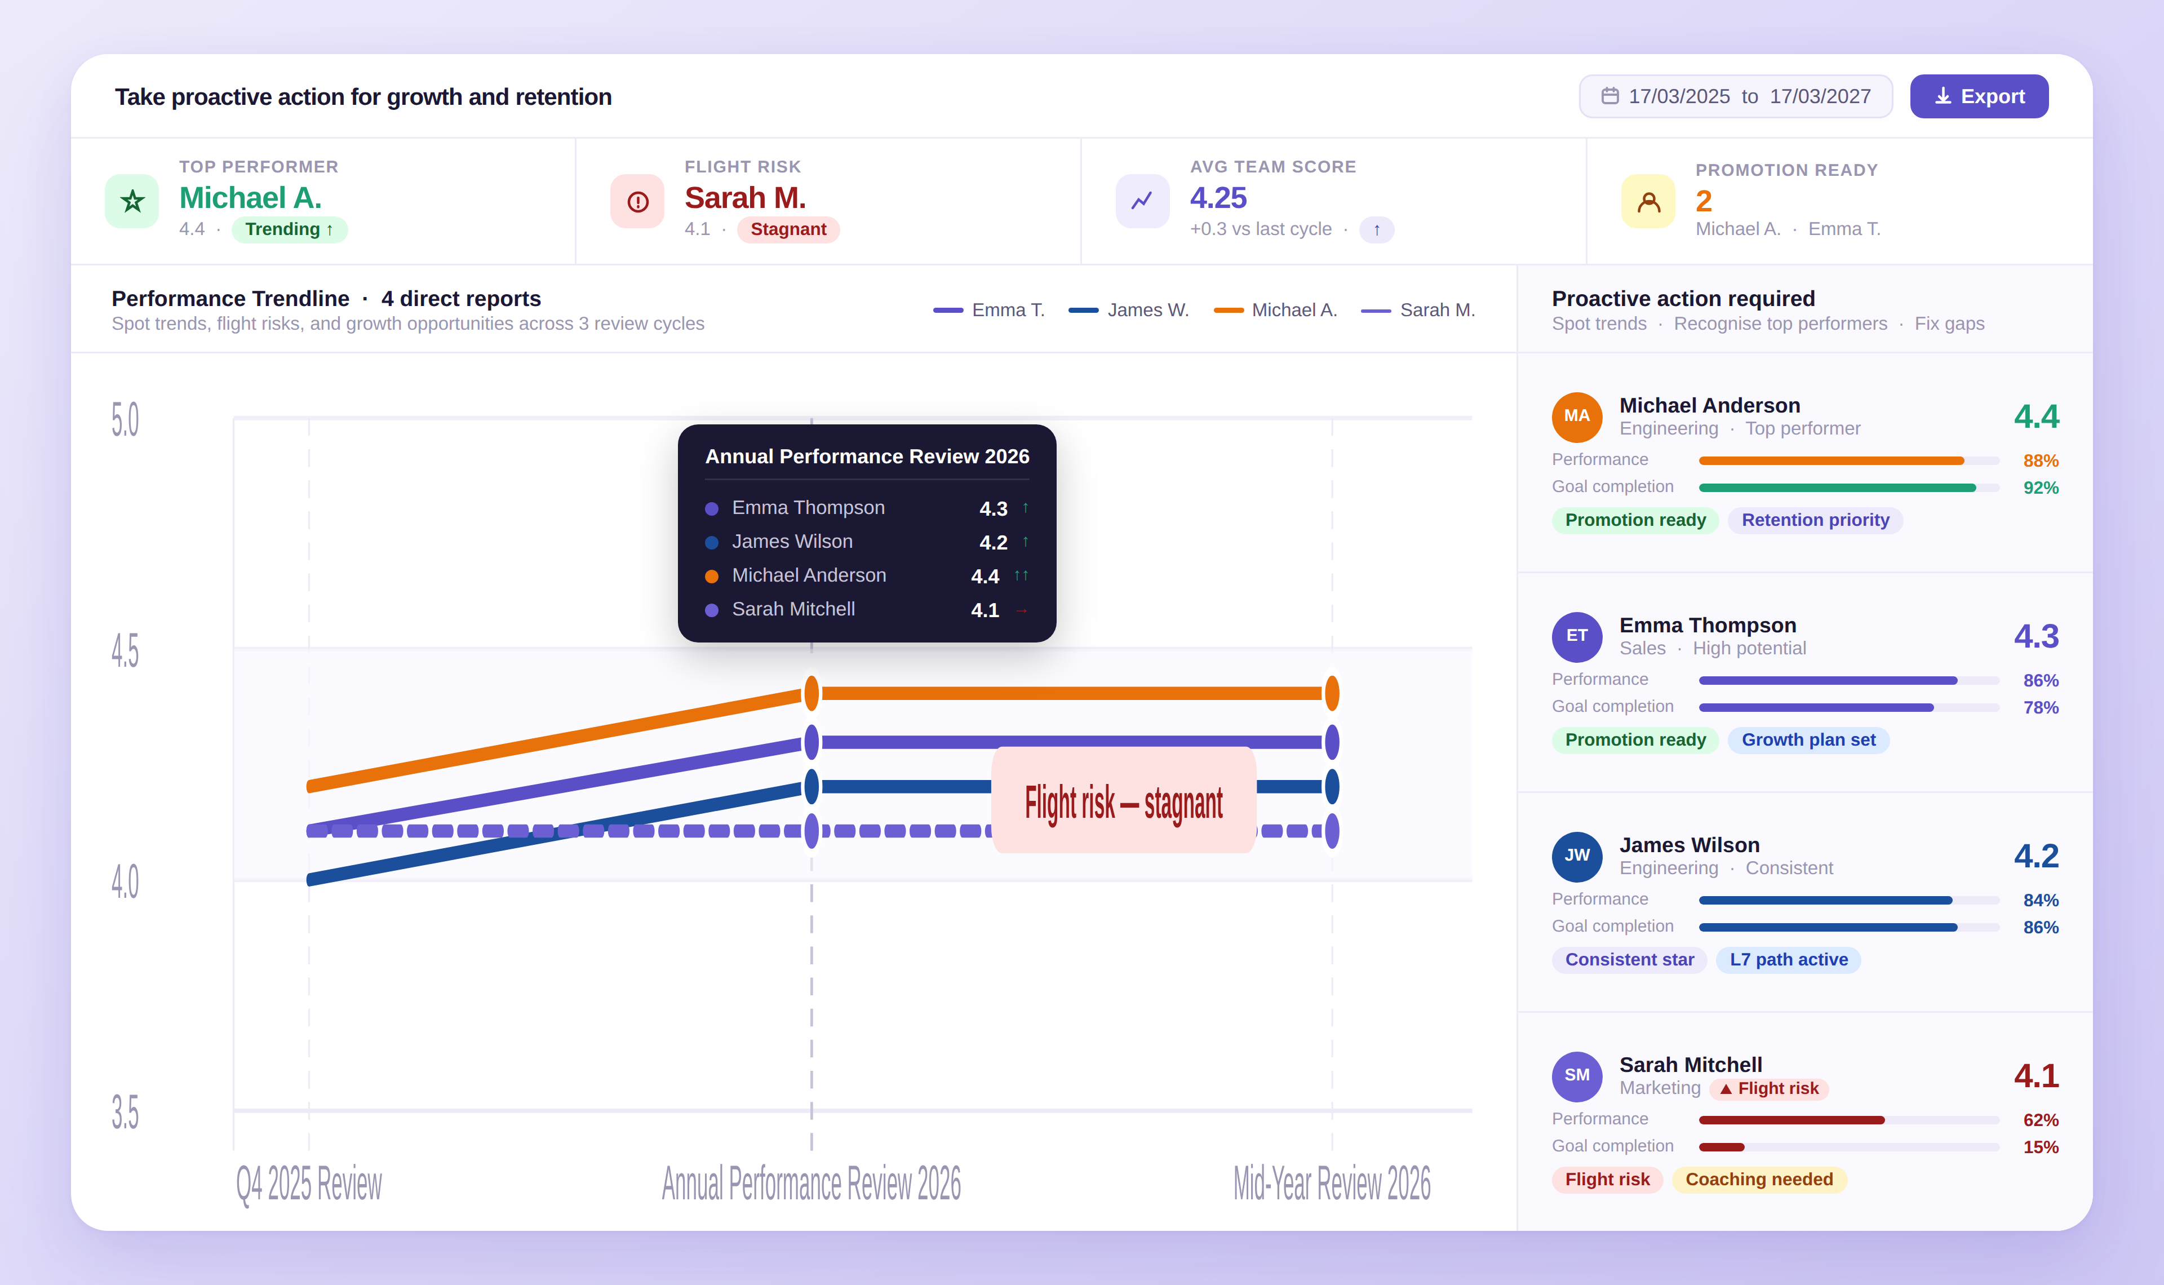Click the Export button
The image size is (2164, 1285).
[x=1978, y=96]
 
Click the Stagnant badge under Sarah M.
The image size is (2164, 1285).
[x=788, y=229]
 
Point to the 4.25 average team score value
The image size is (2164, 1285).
[x=1217, y=198]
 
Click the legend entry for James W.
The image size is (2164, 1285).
[x=1129, y=310]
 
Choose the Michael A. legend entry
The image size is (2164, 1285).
[x=1275, y=310]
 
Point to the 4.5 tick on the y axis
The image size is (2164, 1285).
[x=125, y=651]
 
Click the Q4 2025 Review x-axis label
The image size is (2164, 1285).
[x=309, y=1184]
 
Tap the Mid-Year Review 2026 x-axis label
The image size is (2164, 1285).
[x=1331, y=1184]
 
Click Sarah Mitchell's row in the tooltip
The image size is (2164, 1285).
[x=866, y=610]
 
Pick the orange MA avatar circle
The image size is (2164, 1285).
[x=1576, y=416]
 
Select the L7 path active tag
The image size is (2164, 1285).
[x=1788, y=959]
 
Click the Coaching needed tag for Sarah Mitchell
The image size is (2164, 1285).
[x=1758, y=1180]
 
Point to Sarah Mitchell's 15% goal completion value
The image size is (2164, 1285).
[x=2040, y=1147]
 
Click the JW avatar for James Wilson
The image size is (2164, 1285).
[x=1576, y=856]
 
